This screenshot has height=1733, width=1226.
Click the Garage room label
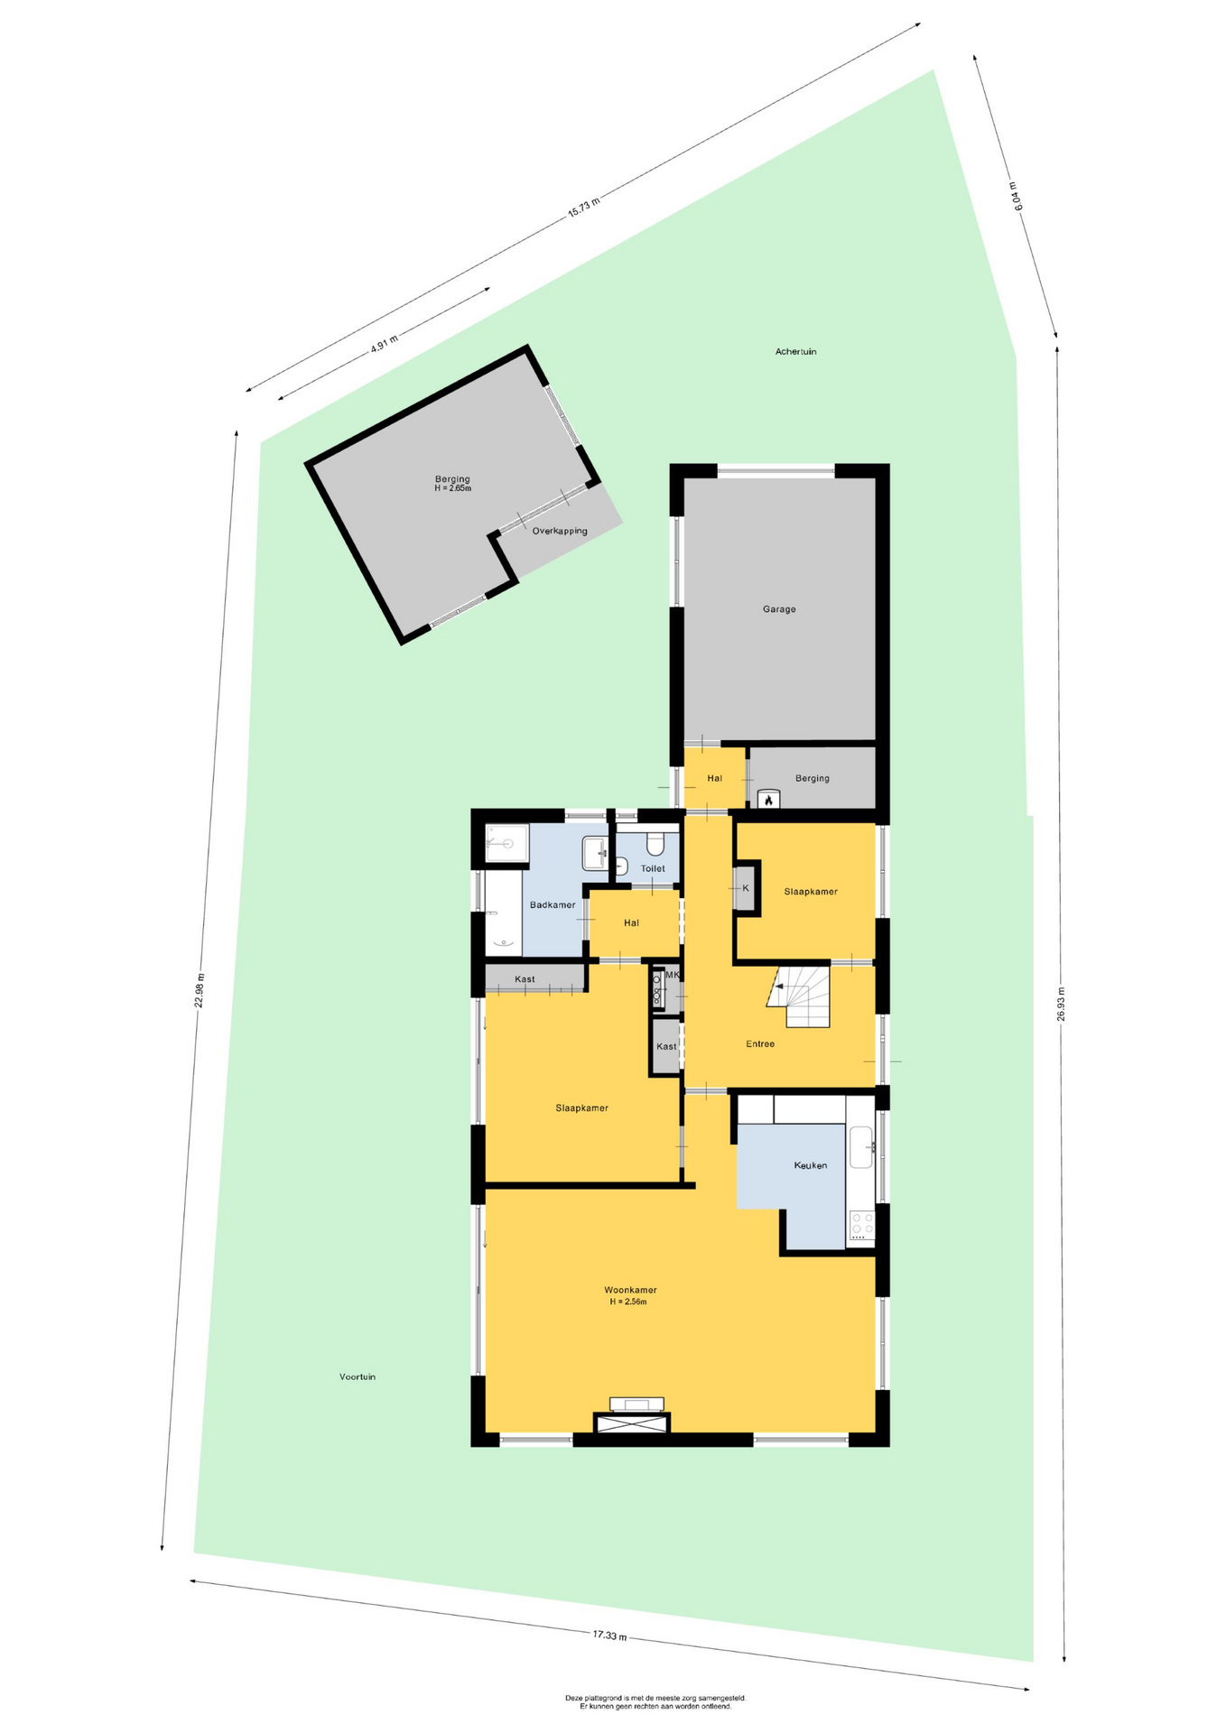(779, 609)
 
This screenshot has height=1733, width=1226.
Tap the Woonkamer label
(630, 1290)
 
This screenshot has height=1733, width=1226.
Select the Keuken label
(811, 1165)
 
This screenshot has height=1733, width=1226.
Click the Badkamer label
(553, 904)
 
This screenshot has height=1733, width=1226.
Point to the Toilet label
(653, 868)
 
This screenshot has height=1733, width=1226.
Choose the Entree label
(760, 1043)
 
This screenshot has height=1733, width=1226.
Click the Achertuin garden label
(795, 351)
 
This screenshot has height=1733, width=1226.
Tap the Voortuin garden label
(358, 1376)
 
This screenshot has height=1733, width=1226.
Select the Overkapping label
(560, 531)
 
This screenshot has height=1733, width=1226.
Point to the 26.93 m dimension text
(1062, 1003)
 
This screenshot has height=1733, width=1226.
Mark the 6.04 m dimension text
(1017, 196)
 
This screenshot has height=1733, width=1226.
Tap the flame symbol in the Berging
(768, 800)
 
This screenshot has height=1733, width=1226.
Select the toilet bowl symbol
(655, 843)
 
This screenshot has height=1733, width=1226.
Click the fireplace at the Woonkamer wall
(631, 1422)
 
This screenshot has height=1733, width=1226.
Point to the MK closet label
(672, 975)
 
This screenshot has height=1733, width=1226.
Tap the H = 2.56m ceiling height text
(628, 1302)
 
